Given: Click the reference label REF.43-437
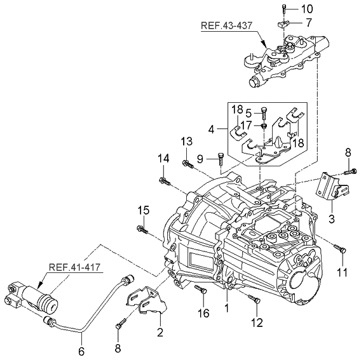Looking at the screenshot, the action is tap(226, 25).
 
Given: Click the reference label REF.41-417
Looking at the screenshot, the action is tap(75, 267).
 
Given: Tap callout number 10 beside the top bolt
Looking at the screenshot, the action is tap(307, 9).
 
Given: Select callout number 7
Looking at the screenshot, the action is tap(308, 23).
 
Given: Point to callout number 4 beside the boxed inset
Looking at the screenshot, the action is tap(211, 130).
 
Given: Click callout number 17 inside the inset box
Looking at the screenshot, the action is tap(247, 126).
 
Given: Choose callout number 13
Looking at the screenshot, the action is tap(186, 142).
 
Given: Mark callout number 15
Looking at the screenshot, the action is tap(144, 211).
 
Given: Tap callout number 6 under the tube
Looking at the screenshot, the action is tap(81, 352).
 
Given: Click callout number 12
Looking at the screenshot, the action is tap(257, 323).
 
